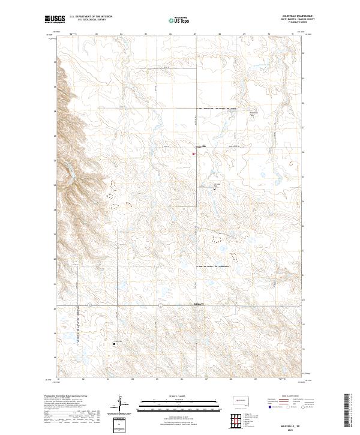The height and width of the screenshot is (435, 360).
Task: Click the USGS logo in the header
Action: tap(55, 19)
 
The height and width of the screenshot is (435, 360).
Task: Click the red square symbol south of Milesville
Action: tap(193, 154)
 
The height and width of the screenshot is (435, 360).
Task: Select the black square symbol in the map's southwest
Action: tap(114, 344)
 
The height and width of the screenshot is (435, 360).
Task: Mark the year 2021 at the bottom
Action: tap(290, 430)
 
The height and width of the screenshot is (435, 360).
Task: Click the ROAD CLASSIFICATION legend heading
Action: tap(290, 397)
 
